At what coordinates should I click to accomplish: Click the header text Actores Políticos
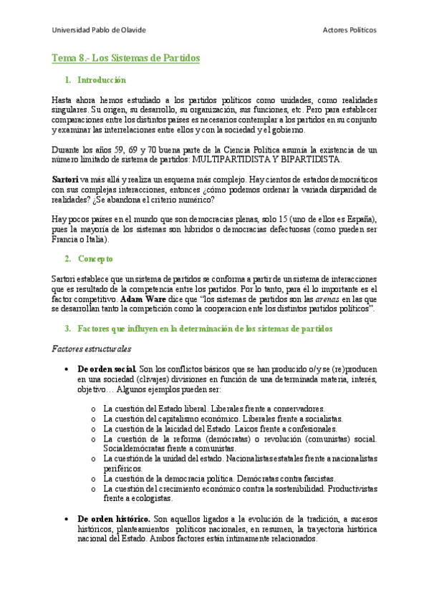tap(350, 30)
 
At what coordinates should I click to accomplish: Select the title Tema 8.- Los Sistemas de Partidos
tap(126, 57)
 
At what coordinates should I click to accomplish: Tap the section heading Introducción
tap(101, 80)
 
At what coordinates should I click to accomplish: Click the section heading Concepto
tap(95, 258)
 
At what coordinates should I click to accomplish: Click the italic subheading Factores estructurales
tap(92, 349)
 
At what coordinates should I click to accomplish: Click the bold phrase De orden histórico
tap(113, 518)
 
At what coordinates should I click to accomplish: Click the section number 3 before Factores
tap(67, 329)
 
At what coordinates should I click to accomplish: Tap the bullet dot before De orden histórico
tap(67, 518)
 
